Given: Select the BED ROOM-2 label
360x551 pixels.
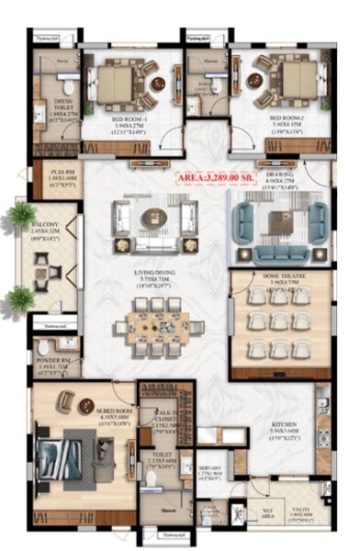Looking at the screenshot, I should [x=287, y=118].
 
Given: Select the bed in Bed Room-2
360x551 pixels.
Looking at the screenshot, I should [x=294, y=82].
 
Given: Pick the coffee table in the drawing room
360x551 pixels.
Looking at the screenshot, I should [x=280, y=220].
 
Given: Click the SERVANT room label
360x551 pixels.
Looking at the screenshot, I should [x=212, y=470].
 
